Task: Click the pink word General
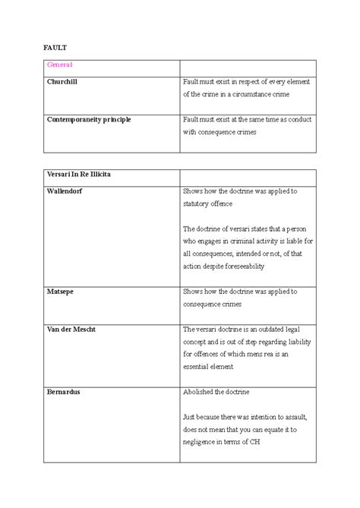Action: (x=60, y=67)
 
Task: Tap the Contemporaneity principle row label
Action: (x=88, y=120)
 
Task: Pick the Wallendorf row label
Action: (x=65, y=191)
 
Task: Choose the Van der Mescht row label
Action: (x=71, y=330)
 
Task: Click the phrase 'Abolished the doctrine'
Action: (x=216, y=392)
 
